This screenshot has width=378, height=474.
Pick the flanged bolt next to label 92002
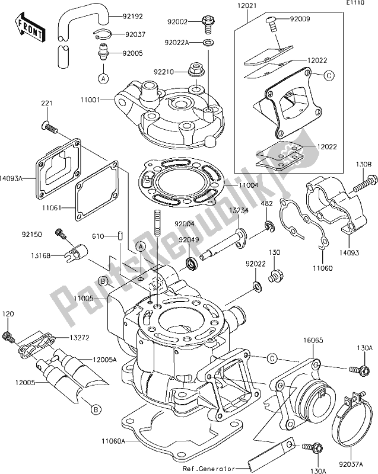208,24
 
